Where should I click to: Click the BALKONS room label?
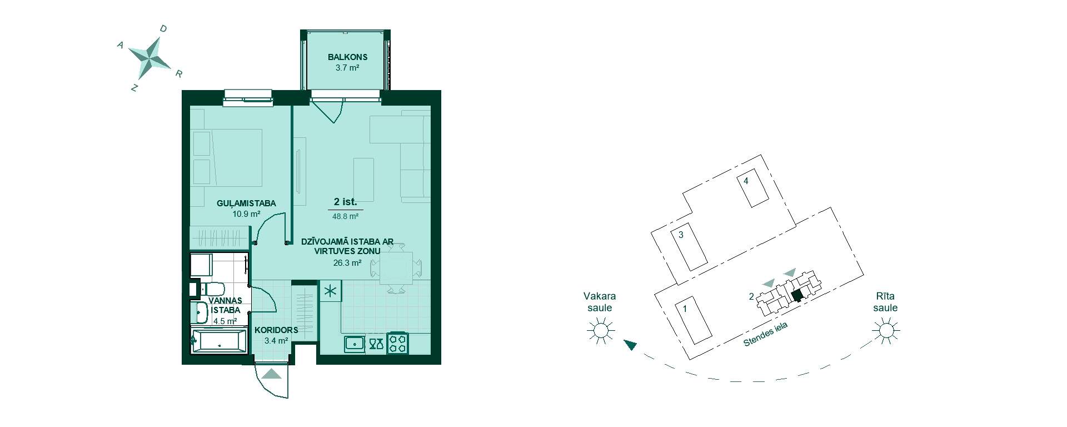[x=347, y=57]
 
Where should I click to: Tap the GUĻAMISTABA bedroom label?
[x=246, y=203]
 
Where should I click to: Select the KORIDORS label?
[x=276, y=330]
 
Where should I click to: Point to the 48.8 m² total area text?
[x=345, y=217]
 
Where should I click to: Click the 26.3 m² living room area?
[x=347, y=263]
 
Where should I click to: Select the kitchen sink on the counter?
[x=354, y=344]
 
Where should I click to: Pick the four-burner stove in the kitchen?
[x=398, y=342]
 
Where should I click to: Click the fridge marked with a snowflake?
[x=331, y=291]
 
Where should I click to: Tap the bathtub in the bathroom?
[x=218, y=339]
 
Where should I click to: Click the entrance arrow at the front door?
[x=272, y=374]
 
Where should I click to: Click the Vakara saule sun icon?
[x=601, y=331]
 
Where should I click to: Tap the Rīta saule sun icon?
[x=886, y=331]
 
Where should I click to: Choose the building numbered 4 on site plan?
[x=752, y=188]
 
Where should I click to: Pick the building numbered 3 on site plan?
[x=689, y=247]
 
